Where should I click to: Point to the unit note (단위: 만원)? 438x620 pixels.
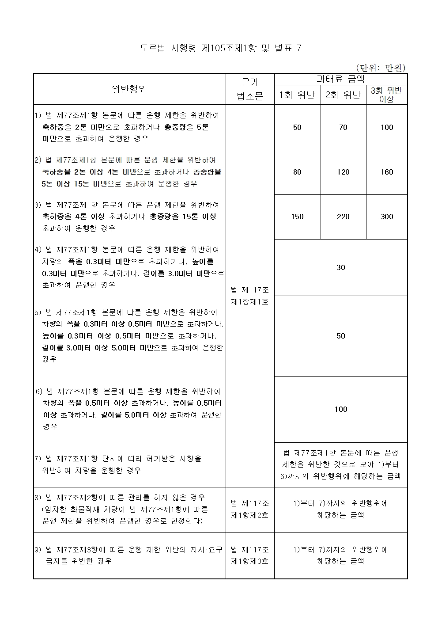click(381, 68)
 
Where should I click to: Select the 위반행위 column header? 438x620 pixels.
click(129, 89)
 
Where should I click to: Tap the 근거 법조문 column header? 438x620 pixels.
click(250, 89)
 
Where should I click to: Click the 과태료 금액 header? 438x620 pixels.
click(340, 79)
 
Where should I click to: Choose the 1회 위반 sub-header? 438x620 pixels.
click(297, 95)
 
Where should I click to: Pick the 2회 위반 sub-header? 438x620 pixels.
click(343, 95)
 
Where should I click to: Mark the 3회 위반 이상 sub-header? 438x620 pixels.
click(386, 95)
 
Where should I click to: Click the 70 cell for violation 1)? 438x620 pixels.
click(343, 127)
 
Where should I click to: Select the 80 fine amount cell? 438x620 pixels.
click(297, 172)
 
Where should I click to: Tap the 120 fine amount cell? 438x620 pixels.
click(343, 172)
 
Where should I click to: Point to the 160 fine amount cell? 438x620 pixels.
click(387, 172)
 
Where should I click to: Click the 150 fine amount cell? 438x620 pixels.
click(297, 217)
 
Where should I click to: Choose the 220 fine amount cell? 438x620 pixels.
click(343, 217)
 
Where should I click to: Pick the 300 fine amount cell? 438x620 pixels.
click(387, 217)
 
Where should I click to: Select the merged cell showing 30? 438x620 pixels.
click(340, 267)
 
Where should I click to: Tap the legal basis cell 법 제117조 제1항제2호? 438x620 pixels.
click(250, 509)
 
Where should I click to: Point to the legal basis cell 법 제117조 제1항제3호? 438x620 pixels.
click(250, 555)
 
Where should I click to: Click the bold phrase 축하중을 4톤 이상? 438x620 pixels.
click(73, 217)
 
